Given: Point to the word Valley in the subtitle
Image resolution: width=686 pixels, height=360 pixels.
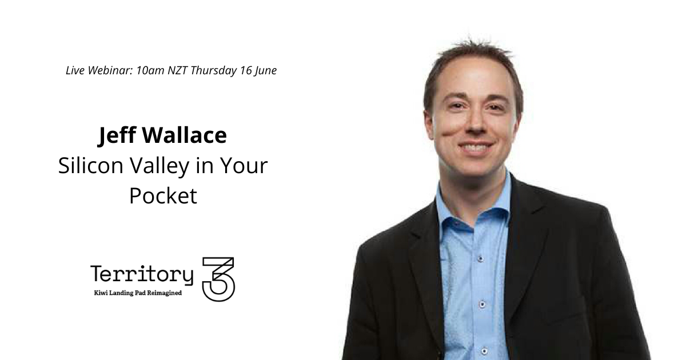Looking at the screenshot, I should pos(159,167).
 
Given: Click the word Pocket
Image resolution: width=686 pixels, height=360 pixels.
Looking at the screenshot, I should pos(163,196).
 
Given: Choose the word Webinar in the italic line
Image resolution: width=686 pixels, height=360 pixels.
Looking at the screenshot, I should pos(111,71).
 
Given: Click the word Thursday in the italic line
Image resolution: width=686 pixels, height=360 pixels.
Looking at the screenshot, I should pos(214,71).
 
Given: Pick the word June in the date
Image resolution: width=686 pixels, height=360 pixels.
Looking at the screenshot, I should pos(266,71).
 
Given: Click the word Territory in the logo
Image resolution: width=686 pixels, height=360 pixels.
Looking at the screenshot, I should pos(142,275).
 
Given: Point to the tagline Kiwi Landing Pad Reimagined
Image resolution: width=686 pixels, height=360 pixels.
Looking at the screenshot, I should pos(138,293).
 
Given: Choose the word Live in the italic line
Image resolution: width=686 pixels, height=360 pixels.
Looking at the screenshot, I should pos(75,71).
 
